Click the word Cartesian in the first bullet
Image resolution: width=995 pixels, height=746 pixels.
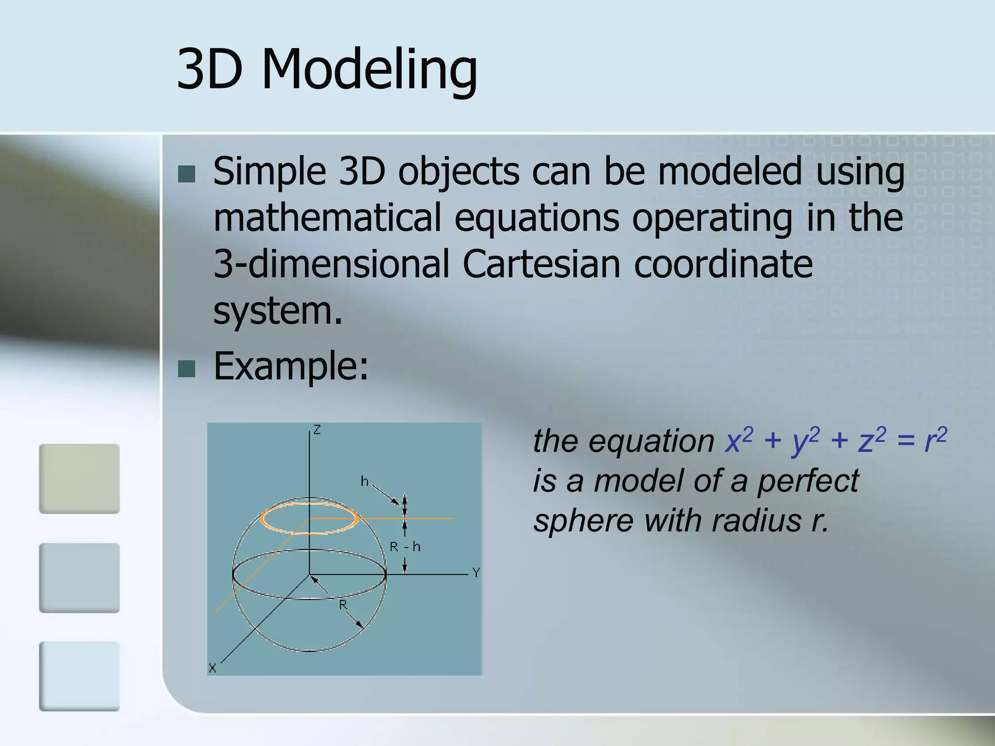(x=541, y=264)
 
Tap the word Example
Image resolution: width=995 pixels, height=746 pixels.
(x=291, y=366)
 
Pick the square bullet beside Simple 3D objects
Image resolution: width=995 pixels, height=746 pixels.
(x=187, y=174)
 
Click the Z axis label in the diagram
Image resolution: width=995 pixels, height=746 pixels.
(x=317, y=430)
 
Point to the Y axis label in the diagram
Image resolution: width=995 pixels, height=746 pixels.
(x=476, y=573)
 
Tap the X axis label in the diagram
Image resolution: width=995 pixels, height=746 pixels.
(x=212, y=668)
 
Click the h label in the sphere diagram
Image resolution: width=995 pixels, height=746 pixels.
(x=364, y=481)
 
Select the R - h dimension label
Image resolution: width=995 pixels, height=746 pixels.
(x=405, y=547)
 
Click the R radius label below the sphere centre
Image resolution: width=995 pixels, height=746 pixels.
(x=343, y=605)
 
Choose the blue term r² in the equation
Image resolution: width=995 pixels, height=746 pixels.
(x=935, y=440)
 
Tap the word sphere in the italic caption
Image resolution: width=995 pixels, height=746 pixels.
(x=583, y=522)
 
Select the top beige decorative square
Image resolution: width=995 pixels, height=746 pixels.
(x=79, y=478)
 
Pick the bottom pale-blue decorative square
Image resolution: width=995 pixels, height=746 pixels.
(x=79, y=676)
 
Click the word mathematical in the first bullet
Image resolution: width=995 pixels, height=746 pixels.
(x=327, y=218)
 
